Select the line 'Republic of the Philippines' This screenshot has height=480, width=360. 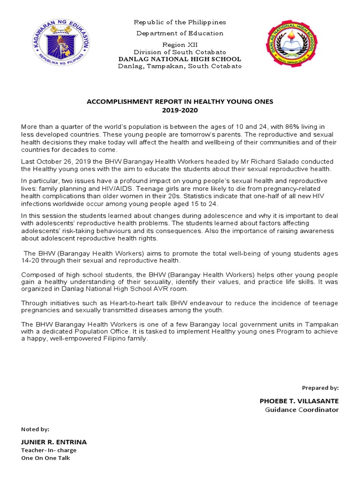click(x=180, y=22)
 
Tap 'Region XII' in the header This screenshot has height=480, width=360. click(x=180, y=44)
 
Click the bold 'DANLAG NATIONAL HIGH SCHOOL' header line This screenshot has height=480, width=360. click(x=180, y=59)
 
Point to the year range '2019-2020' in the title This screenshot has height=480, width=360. click(x=180, y=110)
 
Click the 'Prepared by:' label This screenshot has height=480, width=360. click(x=320, y=388)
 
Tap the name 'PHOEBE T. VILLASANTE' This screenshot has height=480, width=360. click(x=299, y=401)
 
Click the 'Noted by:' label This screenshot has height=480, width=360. click(x=35, y=429)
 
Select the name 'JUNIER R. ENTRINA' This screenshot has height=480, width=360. click(x=54, y=442)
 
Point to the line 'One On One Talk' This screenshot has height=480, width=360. click(x=45, y=458)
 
